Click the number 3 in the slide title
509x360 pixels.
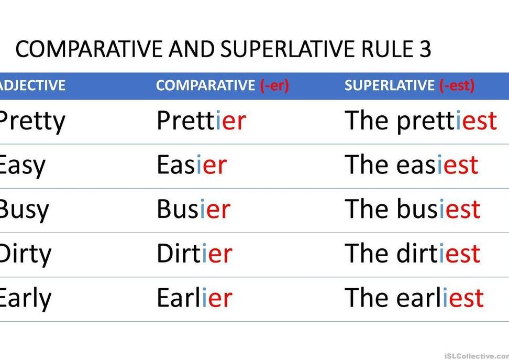pyautogui.click(x=424, y=49)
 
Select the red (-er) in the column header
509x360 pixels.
pyautogui.click(x=274, y=85)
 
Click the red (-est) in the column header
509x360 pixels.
pyautogui.click(x=457, y=85)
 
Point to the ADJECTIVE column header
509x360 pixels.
pyautogui.click(x=32, y=85)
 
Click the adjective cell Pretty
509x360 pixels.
pyautogui.click(x=32, y=122)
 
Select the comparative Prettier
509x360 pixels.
pyautogui.click(x=201, y=120)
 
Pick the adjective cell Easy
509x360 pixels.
pyautogui.click(x=22, y=166)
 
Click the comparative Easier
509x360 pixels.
pyautogui.click(x=192, y=165)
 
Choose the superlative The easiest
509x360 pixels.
pyautogui.click(x=411, y=165)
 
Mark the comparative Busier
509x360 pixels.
pyautogui.click(x=193, y=209)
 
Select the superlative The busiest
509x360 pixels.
pyautogui.click(x=412, y=209)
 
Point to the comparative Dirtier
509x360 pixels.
pyautogui.click(x=194, y=253)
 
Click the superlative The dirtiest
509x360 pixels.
pyautogui.click(x=412, y=253)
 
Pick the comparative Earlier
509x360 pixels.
pyautogui.click(x=194, y=298)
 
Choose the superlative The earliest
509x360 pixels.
pyautogui.click(x=414, y=298)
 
